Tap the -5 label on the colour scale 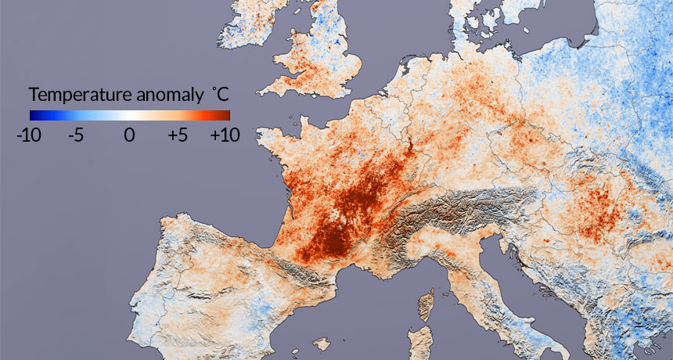tap(76, 135)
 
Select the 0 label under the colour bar tap(129, 135)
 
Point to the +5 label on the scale tap(178, 135)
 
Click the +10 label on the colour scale tap(225, 135)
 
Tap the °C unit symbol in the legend tap(220, 95)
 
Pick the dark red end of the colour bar tap(225, 114)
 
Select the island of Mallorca tap(321, 342)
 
